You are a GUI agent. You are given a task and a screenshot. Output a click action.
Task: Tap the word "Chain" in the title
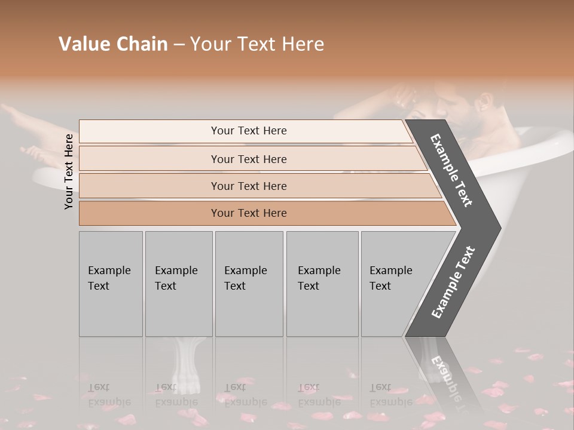pos(141,44)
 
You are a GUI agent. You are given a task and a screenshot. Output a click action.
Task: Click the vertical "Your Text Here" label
pos(69,171)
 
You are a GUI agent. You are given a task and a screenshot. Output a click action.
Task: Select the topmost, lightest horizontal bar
pos(245,131)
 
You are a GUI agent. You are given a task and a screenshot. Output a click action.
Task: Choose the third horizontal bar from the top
pos(251,186)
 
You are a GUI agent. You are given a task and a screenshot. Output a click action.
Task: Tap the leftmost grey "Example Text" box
pos(111,284)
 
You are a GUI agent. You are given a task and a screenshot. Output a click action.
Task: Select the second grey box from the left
pos(178,284)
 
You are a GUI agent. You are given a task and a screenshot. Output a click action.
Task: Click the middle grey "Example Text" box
pos(249,284)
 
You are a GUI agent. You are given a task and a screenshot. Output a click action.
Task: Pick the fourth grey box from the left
pos(322,284)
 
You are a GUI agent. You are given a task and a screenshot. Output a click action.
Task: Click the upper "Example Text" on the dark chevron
pos(452,171)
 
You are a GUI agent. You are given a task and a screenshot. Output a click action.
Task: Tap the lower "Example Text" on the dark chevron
pos(453,282)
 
